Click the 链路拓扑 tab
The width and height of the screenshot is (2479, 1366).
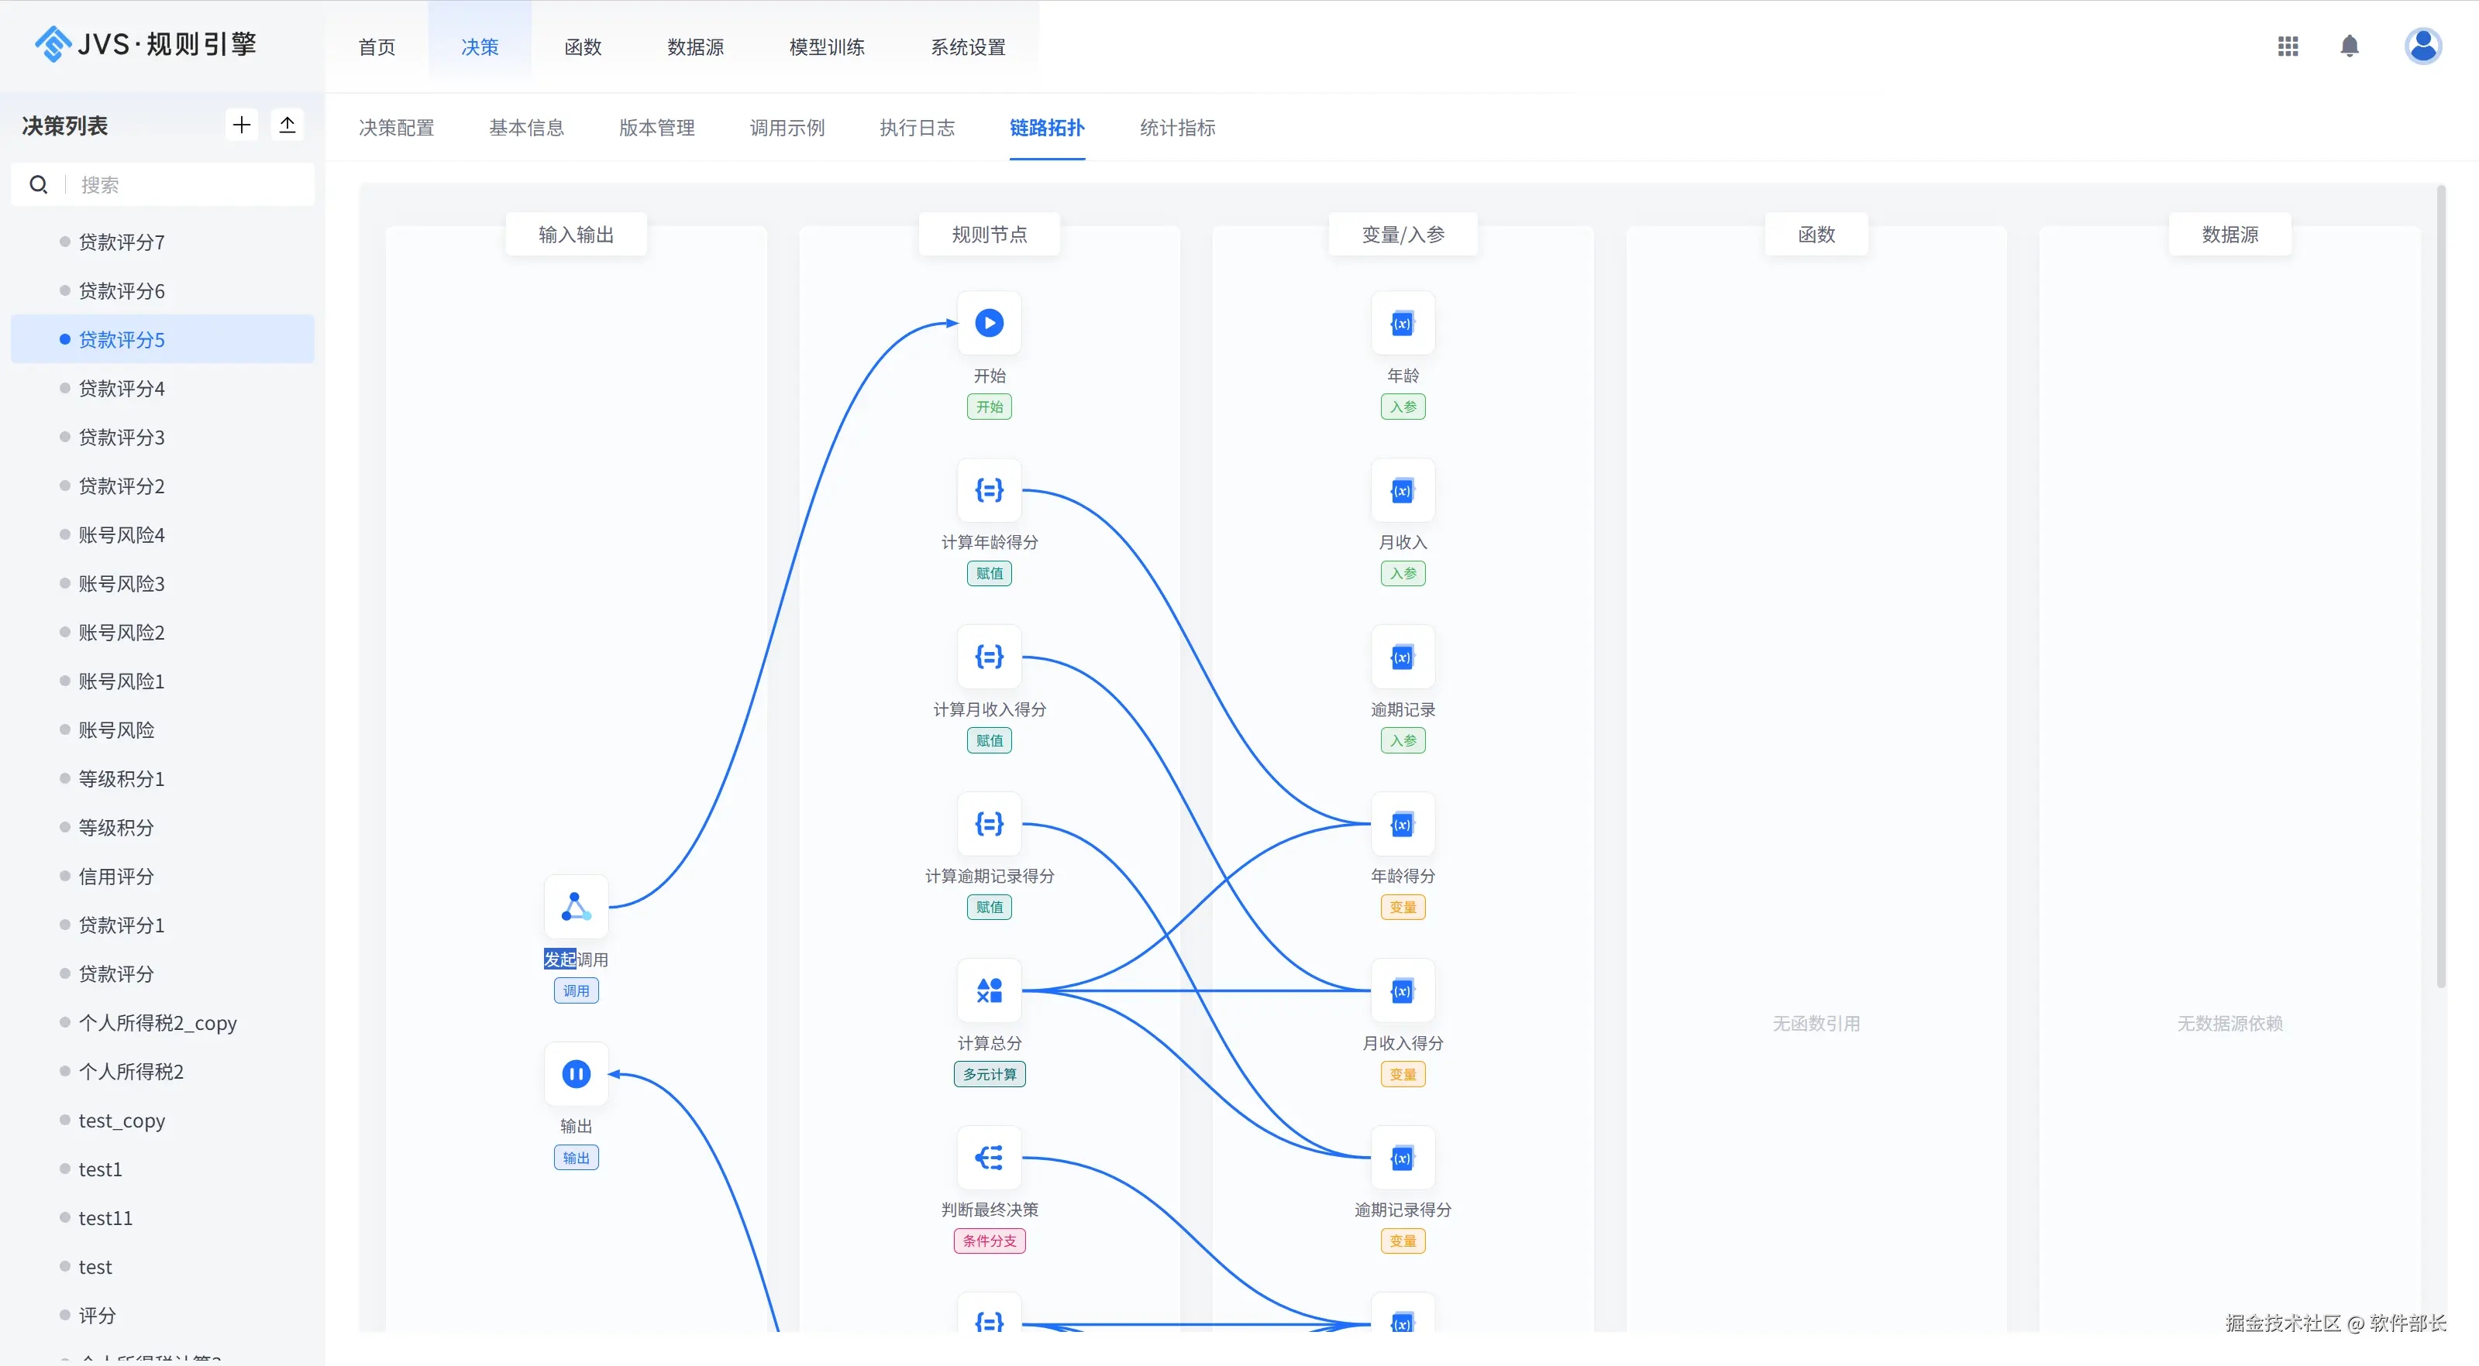1047,128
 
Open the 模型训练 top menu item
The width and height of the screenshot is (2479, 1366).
827,47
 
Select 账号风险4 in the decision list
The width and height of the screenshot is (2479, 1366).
121,535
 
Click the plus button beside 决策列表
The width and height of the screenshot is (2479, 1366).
242,125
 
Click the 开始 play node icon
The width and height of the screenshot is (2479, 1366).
990,323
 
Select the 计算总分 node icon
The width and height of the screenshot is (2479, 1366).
990,991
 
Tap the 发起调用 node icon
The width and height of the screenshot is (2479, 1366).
577,907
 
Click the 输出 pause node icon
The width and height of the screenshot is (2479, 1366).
577,1073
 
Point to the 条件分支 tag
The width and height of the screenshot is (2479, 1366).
990,1241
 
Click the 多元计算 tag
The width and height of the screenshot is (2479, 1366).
990,1075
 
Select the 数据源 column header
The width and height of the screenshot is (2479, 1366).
2229,235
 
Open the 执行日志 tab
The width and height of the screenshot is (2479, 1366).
917,128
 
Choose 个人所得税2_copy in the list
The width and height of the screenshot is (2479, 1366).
158,1023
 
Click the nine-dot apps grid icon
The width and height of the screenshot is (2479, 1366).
2288,46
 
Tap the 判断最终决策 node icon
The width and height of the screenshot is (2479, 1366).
990,1157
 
